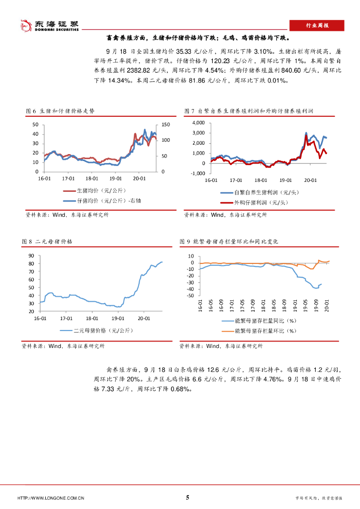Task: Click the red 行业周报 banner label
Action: point(316,25)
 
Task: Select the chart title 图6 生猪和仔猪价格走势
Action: point(60,111)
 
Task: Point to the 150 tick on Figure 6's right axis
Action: point(166,124)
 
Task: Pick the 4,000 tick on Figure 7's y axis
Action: point(198,122)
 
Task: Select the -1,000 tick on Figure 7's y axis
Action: point(197,173)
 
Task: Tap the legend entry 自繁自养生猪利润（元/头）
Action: point(263,192)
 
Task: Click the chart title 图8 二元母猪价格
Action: point(48,241)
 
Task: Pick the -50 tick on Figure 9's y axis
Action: point(190,296)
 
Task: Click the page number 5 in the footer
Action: point(187,497)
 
